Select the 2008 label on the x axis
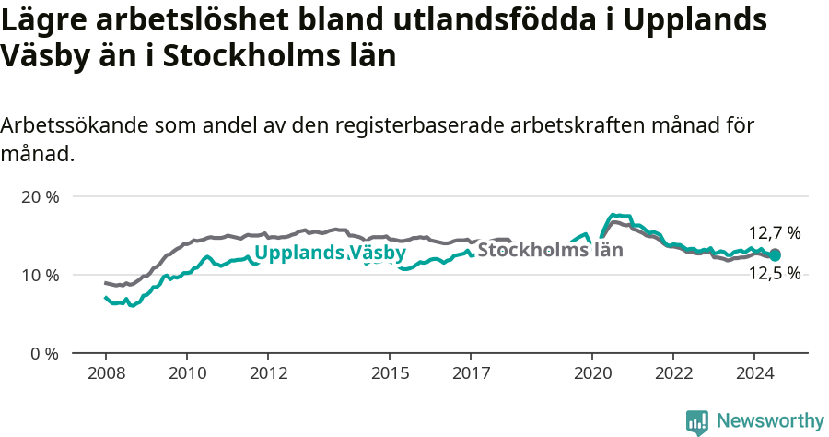tap(105, 373)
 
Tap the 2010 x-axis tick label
tap(186, 373)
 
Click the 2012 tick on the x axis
tap(268, 373)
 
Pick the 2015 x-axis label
tap(390, 373)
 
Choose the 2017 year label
tap(471, 373)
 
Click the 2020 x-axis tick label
tap(592, 373)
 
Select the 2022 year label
tap(673, 373)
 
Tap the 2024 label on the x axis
tap(754, 373)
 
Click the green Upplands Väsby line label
tap(330, 253)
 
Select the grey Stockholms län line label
tap(550, 249)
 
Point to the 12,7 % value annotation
tap(774, 233)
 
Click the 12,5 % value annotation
tap(774, 273)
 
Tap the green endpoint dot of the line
tap(775, 254)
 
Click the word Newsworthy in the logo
tap(769, 420)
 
